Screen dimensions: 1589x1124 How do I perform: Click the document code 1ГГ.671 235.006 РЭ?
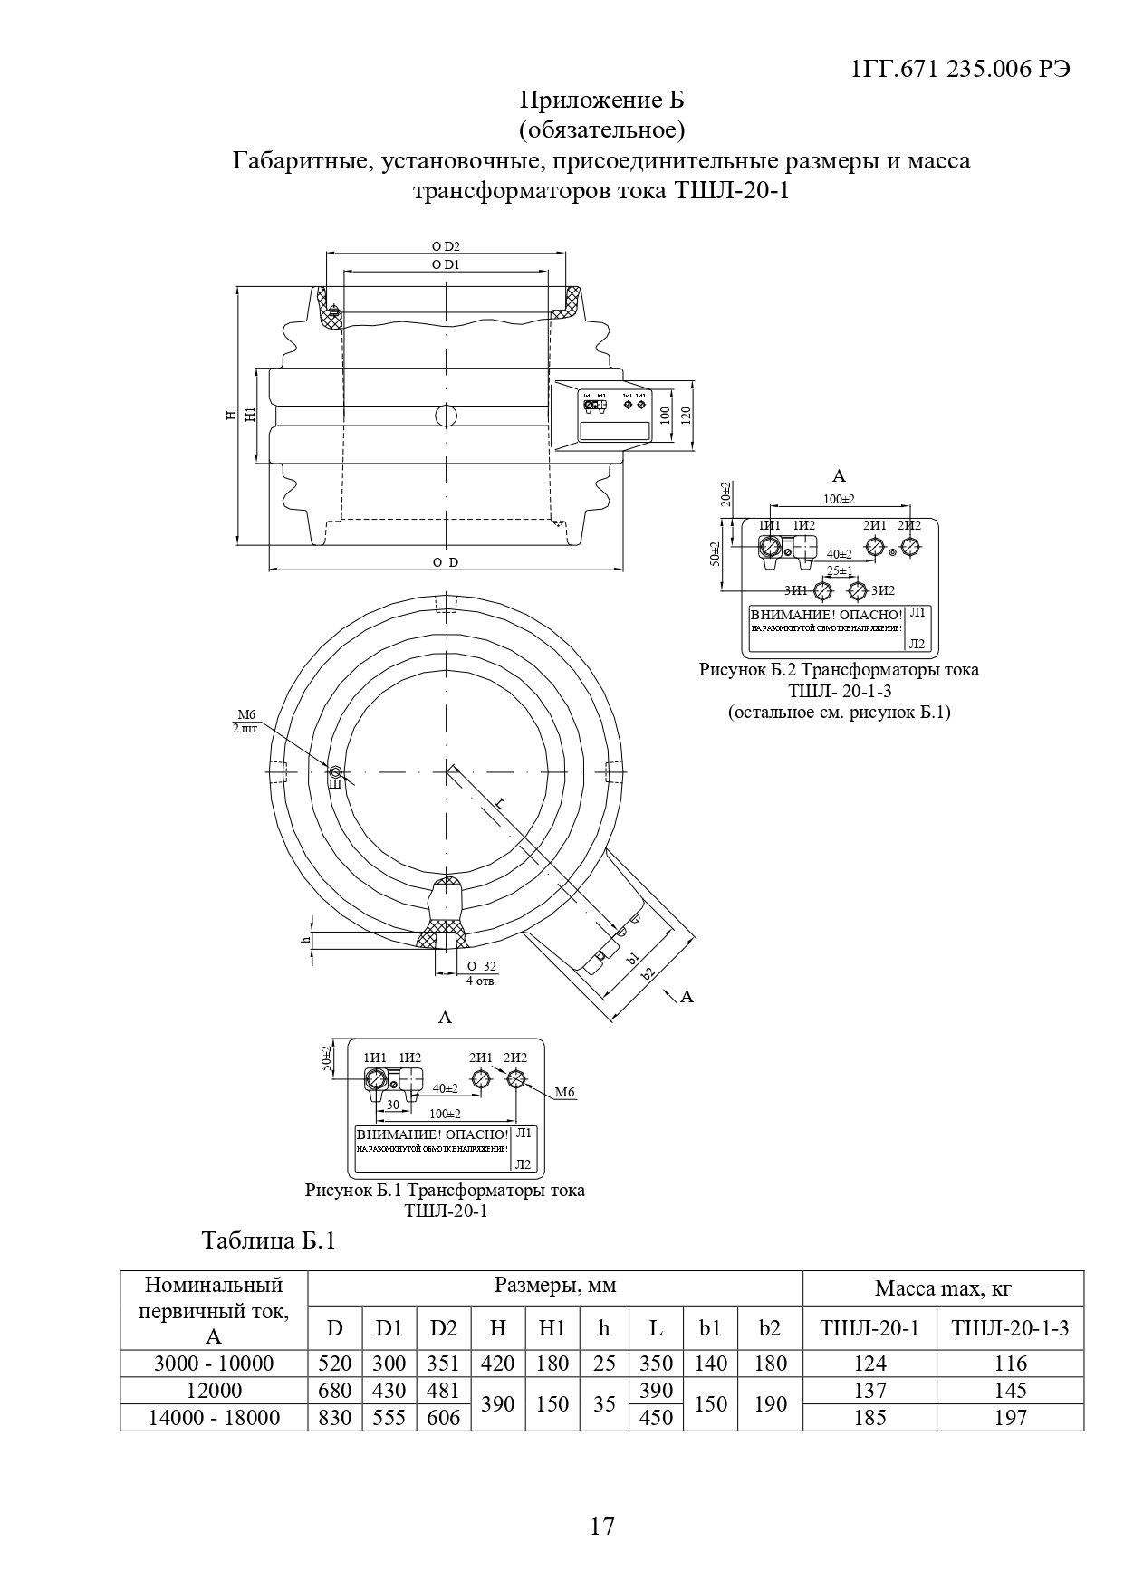pyautogui.click(x=961, y=70)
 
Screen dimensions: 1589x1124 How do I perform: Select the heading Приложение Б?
pyautogui.click(x=601, y=100)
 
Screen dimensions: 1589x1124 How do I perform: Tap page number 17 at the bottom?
pyautogui.click(x=601, y=1526)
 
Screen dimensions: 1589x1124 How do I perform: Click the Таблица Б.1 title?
pyautogui.click(x=269, y=1240)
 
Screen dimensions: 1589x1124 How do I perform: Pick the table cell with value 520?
pyautogui.click(x=335, y=1363)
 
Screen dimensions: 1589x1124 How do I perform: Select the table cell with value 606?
pyautogui.click(x=443, y=1417)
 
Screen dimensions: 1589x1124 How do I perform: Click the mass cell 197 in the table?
pyautogui.click(x=1010, y=1417)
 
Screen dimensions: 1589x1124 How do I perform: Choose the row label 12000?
pyautogui.click(x=214, y=1390)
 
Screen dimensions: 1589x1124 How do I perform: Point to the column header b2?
pyautogui.click(x=770, y=1328)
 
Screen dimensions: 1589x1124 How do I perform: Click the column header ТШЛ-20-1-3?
pyautogui.click(x=1010, y=1328)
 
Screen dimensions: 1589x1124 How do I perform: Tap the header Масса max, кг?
pyautogui.click(x=942, y=1287)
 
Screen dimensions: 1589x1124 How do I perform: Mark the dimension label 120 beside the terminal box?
pyautogui.click(x=687, y=416)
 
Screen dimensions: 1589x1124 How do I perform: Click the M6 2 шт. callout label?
pyautogui.click(x=246, y=722)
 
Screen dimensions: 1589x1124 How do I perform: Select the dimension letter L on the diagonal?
pyautogui.click(x=500, y=802)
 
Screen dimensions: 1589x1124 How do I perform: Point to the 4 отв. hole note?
pyautogui.click(x=481, y=981)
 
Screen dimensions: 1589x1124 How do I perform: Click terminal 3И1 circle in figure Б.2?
pyautogui.click(x=822, y=590)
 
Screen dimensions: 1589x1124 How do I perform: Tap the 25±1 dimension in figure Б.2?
pyautogui.click(x=840, y=571)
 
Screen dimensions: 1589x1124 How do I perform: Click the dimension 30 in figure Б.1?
pyautogui.click(x=392, y=1105)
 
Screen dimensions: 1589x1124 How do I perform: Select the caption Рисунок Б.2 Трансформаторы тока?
pyautogui.click(x=839, y=670)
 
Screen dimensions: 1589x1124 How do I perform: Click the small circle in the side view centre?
pyautogui.click(x=447, y=415)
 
